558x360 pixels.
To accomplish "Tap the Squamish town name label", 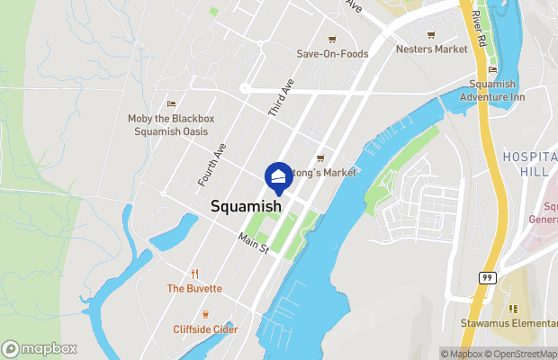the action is click(x=246, y=206).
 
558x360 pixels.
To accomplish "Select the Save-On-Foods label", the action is click(x=332, y=54).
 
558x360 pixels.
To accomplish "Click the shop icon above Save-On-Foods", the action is click(x=332, y=39).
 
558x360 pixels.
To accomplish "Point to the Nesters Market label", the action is click(x=432, y=49).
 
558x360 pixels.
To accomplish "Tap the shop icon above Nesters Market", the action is click(x=431, y=35).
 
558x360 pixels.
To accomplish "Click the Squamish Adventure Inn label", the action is click(x=492, y=90).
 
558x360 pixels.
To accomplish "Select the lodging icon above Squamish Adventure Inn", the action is click(x=492, y=70).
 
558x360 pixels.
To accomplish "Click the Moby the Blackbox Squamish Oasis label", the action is click(x=170, y=125).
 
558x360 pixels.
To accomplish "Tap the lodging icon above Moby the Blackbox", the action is click(x=170, y=104).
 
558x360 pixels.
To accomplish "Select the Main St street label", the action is click(x=254, y=243).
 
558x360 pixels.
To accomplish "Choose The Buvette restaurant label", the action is click(x=193, y=289).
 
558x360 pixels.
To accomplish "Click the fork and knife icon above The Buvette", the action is click(x=193, y=274).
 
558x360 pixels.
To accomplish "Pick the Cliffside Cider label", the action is click(x=205, y=329).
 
